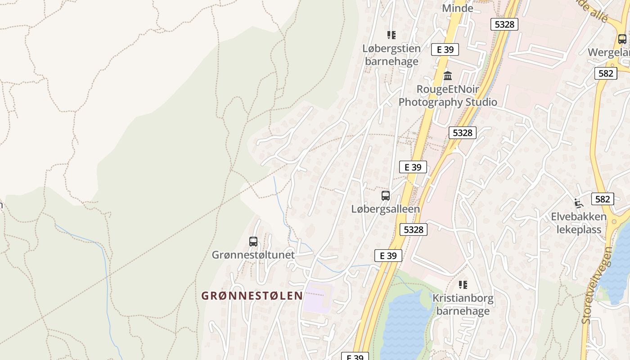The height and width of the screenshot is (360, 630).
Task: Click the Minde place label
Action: [x=458, y=8]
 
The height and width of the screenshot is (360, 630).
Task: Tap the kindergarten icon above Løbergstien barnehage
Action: [x=391, y=35]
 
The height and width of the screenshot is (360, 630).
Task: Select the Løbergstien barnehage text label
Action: [x=391, y=55]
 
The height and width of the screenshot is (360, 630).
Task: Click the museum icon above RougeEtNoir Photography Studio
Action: [x=447, y=76]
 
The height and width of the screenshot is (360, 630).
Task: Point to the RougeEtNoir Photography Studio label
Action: [x=448, y=95]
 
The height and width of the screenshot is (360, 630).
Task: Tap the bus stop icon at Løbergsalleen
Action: [x=386, y=195]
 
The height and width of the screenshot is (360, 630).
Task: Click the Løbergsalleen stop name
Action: [x=386, y=209]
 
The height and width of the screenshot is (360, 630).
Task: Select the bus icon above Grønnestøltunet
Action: [x=253, y=242]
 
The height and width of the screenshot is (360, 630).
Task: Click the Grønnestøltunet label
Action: [x=253, y=255]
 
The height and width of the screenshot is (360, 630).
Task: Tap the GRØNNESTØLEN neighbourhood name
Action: [x=252, y=296]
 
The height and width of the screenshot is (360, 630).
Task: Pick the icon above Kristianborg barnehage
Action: [x=463, y=284]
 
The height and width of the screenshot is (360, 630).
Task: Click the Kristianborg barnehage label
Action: [x=463, y=304]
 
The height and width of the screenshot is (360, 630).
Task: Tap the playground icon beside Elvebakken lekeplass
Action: [x=579, y=203]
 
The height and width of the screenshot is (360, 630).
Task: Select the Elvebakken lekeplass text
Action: [x=579, y=223]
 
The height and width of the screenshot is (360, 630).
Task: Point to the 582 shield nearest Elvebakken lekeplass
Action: [x=603, y=199]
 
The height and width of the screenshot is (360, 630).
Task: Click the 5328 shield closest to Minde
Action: [x=504, y=24]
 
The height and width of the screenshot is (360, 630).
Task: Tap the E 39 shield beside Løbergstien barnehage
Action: [x=445, y=49]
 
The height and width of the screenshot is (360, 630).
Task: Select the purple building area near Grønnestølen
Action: [x=317, y=297]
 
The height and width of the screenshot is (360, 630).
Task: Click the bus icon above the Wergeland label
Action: [x=622, y=39]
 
